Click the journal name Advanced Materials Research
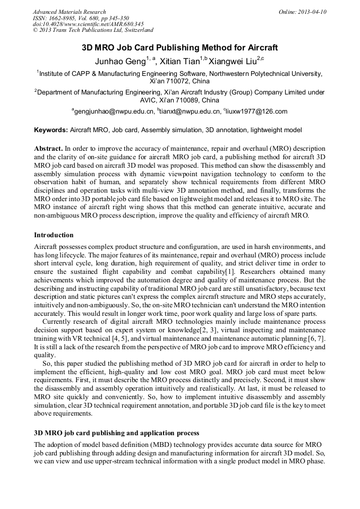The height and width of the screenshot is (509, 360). click(69, 12)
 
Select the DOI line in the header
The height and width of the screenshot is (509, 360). click(88, 24)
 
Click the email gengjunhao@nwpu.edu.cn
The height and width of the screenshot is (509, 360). click(114, 111)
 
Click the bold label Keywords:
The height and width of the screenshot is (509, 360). click(51, 130)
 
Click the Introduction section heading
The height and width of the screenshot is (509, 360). click(54, 235)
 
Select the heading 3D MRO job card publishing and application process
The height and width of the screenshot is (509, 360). click(117, 433)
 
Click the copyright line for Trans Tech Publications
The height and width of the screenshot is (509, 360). click(93, 30)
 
